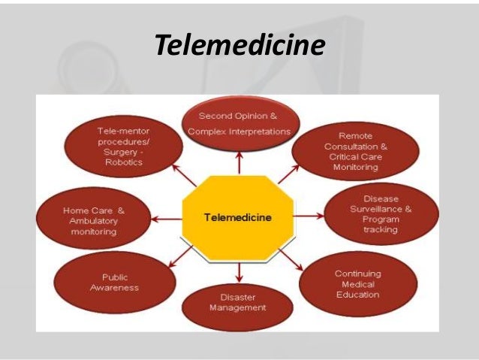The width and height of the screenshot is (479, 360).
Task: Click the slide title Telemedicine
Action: pyautogui.click(x=239, y=47)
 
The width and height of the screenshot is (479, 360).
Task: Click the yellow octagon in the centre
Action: pyautogui.click(x=238, y=218)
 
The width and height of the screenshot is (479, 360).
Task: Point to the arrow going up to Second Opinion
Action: pyautogui.click(x=239, y=162)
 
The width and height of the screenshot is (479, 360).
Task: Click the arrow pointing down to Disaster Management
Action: pyautogui.click(x=239, y=272)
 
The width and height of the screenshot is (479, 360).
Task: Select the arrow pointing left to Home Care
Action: pyautogui.click(x=167, y=219)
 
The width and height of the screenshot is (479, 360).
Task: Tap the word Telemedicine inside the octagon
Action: pyautogui.click(x=238, y=217)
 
